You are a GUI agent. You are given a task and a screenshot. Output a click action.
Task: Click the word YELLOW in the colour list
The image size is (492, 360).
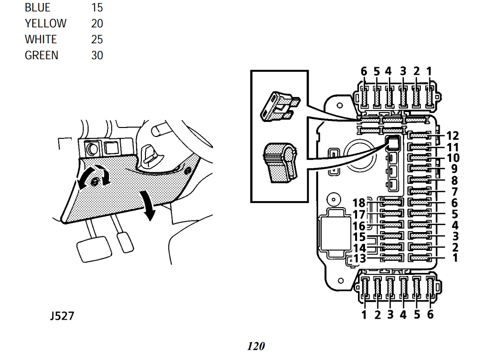coord(45,23)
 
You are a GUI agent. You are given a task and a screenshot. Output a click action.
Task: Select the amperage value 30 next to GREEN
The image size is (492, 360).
coord(97,55)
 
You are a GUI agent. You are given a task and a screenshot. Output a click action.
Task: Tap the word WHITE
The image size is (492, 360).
coord(41,39)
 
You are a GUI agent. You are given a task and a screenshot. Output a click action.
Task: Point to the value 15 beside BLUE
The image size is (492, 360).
coord(97,7)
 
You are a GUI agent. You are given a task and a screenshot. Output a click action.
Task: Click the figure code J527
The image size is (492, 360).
coord(62,316)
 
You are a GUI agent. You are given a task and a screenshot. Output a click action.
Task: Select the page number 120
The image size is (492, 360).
coord(256,346)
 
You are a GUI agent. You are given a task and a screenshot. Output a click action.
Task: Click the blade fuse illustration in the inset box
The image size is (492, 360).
coord(280,107)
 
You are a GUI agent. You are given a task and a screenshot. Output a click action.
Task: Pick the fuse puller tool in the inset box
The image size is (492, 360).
coord(279,162)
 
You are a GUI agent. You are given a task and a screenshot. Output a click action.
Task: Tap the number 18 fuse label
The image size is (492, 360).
coord(359,203)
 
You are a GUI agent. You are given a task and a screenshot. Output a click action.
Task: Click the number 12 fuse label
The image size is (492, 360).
coord(453,135)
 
